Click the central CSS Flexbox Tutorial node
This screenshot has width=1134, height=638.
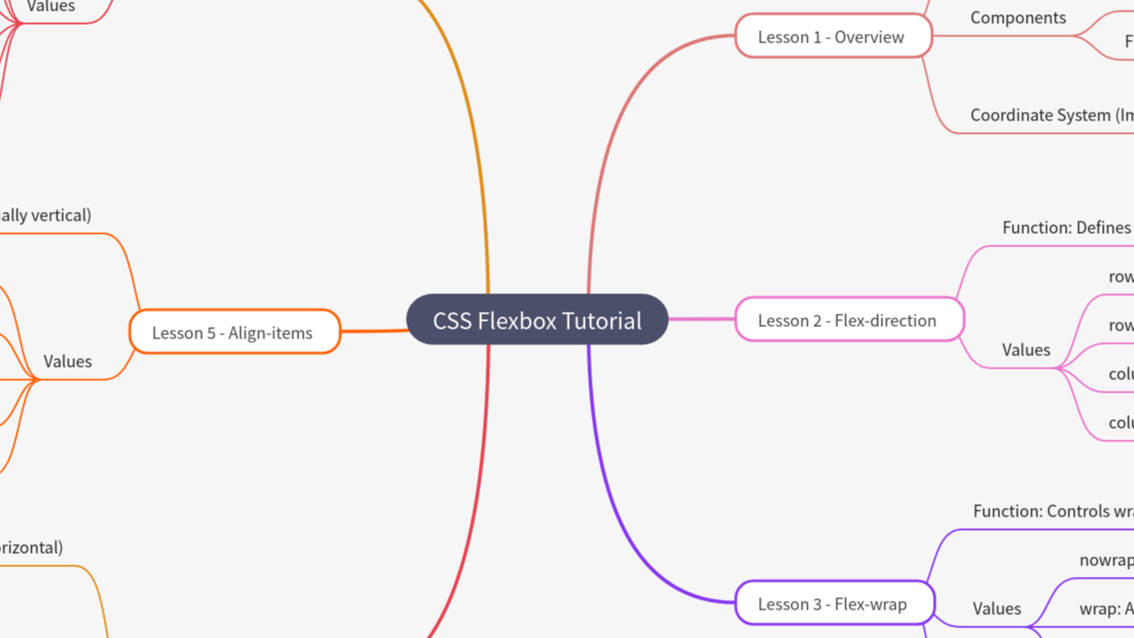tap(537, 320)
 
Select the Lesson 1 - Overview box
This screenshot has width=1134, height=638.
tap(833, 37)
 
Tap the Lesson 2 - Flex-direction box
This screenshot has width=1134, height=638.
tap(848, 320)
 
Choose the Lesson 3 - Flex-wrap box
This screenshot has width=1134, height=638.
tap(834, 604)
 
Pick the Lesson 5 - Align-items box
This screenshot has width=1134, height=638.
tap(234, 332)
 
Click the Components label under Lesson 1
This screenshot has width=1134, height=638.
tap(1018, 18)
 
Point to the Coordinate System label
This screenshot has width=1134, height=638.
tap(1051, 115)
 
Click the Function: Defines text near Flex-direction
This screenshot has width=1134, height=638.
tap(1067, 228)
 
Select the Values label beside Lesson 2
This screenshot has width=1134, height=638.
tap(1026, 350)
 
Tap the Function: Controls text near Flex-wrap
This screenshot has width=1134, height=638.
tap(1052, 511)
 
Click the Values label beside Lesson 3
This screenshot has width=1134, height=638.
tap(997, 609)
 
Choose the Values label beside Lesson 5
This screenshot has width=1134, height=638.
tap(67, 362)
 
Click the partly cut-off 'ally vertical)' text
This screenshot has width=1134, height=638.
tap(44, 215)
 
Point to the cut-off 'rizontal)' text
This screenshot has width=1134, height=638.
tap(31, 548)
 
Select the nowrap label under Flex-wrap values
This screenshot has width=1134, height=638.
tap(1106, 560)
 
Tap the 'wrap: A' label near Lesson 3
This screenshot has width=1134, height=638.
tap(1106, 609)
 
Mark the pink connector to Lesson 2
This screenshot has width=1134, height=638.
tap(701, 319)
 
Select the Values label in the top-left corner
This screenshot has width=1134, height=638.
tap(50, 7)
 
